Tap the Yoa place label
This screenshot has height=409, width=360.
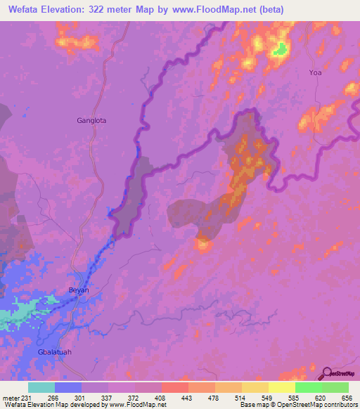(x=315, y=72)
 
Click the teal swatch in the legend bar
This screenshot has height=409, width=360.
(x=41, y=387)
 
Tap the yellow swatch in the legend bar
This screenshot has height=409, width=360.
(x=282, y=387)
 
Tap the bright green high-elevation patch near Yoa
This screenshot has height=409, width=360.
(x=280, y=48)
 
